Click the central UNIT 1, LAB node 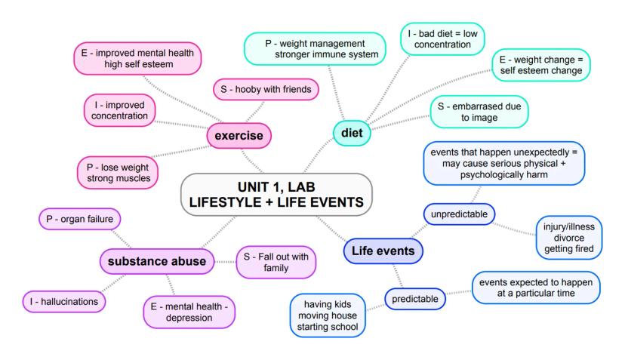coord(277,194)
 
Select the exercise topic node coord(239,136)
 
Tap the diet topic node coord(352,133)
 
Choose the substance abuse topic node coord(157,261)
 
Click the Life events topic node coord(383,250)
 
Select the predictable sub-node coord(415,300)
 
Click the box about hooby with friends coord(266,90)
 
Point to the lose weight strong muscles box coord(118,171)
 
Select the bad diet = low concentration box coord(442,38)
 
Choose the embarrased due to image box coord(479,112)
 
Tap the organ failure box coord(79,220)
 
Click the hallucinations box coord(63,301)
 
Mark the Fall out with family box coord(276,262)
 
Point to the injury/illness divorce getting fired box coord(570,237)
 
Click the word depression coord(190,318)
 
